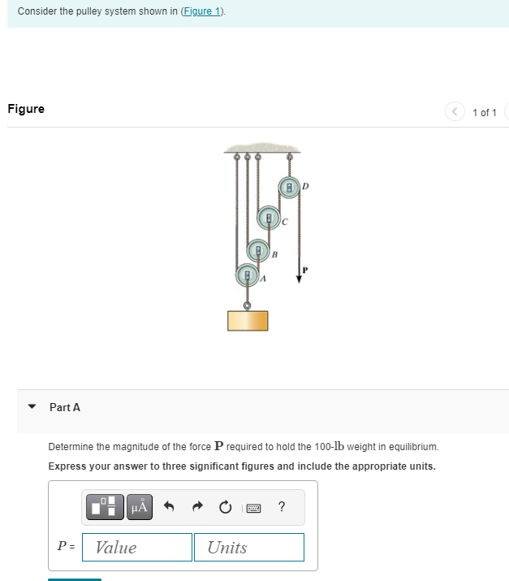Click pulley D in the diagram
288,188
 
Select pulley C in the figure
269,218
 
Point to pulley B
258,249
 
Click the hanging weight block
248,319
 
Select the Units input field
248,547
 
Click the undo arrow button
170,508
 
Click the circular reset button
224,508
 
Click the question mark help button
281,508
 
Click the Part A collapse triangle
31,407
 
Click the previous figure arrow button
455,112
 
